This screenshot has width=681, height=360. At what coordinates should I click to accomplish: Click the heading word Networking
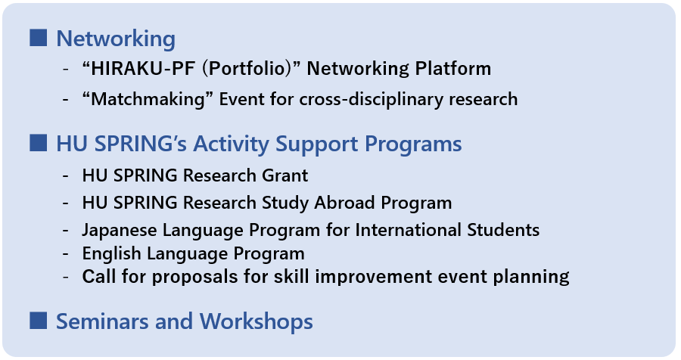coord(116,39)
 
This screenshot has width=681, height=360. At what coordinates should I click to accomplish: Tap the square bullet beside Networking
coord(39,38)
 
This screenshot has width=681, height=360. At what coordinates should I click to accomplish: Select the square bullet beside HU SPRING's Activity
coord(39,143)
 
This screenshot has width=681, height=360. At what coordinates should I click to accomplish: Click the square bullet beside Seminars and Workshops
coord(39,321)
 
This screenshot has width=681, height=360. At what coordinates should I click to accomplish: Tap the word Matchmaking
coord(148,99)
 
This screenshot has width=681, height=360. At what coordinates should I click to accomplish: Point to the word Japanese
coord(120,230)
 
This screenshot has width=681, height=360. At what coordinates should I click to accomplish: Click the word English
coord(111,253)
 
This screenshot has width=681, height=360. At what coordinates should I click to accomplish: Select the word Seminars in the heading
coord(102,321)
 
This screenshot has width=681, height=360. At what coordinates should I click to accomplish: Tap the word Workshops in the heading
coord(257,321)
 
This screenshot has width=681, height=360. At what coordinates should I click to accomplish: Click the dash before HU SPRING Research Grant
coord(66,176)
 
